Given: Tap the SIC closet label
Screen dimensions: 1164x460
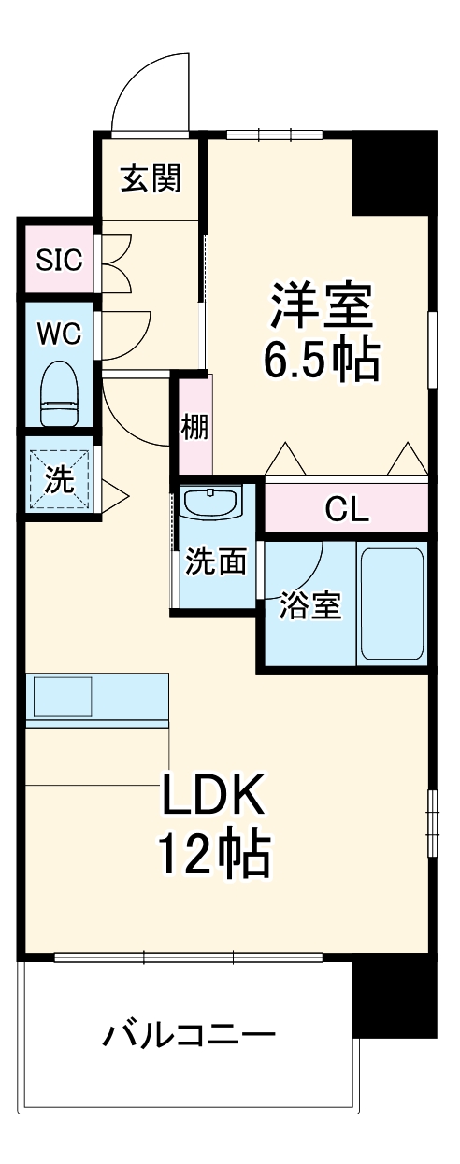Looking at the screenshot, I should [x=58, y=259].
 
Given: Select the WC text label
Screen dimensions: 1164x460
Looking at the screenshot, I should [x=58, y=333].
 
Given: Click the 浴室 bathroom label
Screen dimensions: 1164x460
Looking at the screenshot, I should [x=309, y=605].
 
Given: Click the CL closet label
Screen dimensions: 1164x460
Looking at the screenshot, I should [x=347, y=509].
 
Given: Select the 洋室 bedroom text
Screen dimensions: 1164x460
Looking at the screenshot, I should [x=323, y=305].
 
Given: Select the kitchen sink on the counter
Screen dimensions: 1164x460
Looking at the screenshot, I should [x=64, y=696].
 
